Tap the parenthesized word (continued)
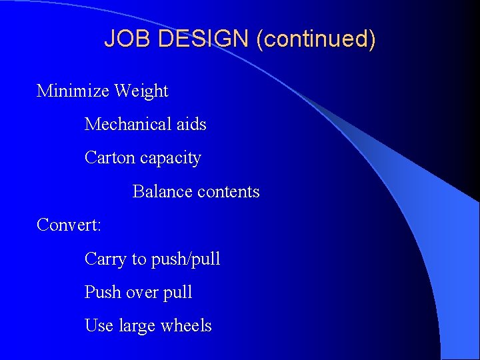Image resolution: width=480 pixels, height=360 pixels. click(x=318, y=39)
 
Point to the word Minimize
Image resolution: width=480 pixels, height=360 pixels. click(x=73, y=91)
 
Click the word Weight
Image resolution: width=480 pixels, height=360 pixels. click(x=141, y=91)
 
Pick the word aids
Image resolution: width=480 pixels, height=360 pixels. click(x=191, y=124)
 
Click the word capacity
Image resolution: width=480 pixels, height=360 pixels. click(x=171, y=159)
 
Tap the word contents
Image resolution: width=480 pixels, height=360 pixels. click(x=229, y=192)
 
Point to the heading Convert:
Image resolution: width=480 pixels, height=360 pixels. click(x=69, y=225)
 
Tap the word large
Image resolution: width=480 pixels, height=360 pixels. click(x=137, y=326)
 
